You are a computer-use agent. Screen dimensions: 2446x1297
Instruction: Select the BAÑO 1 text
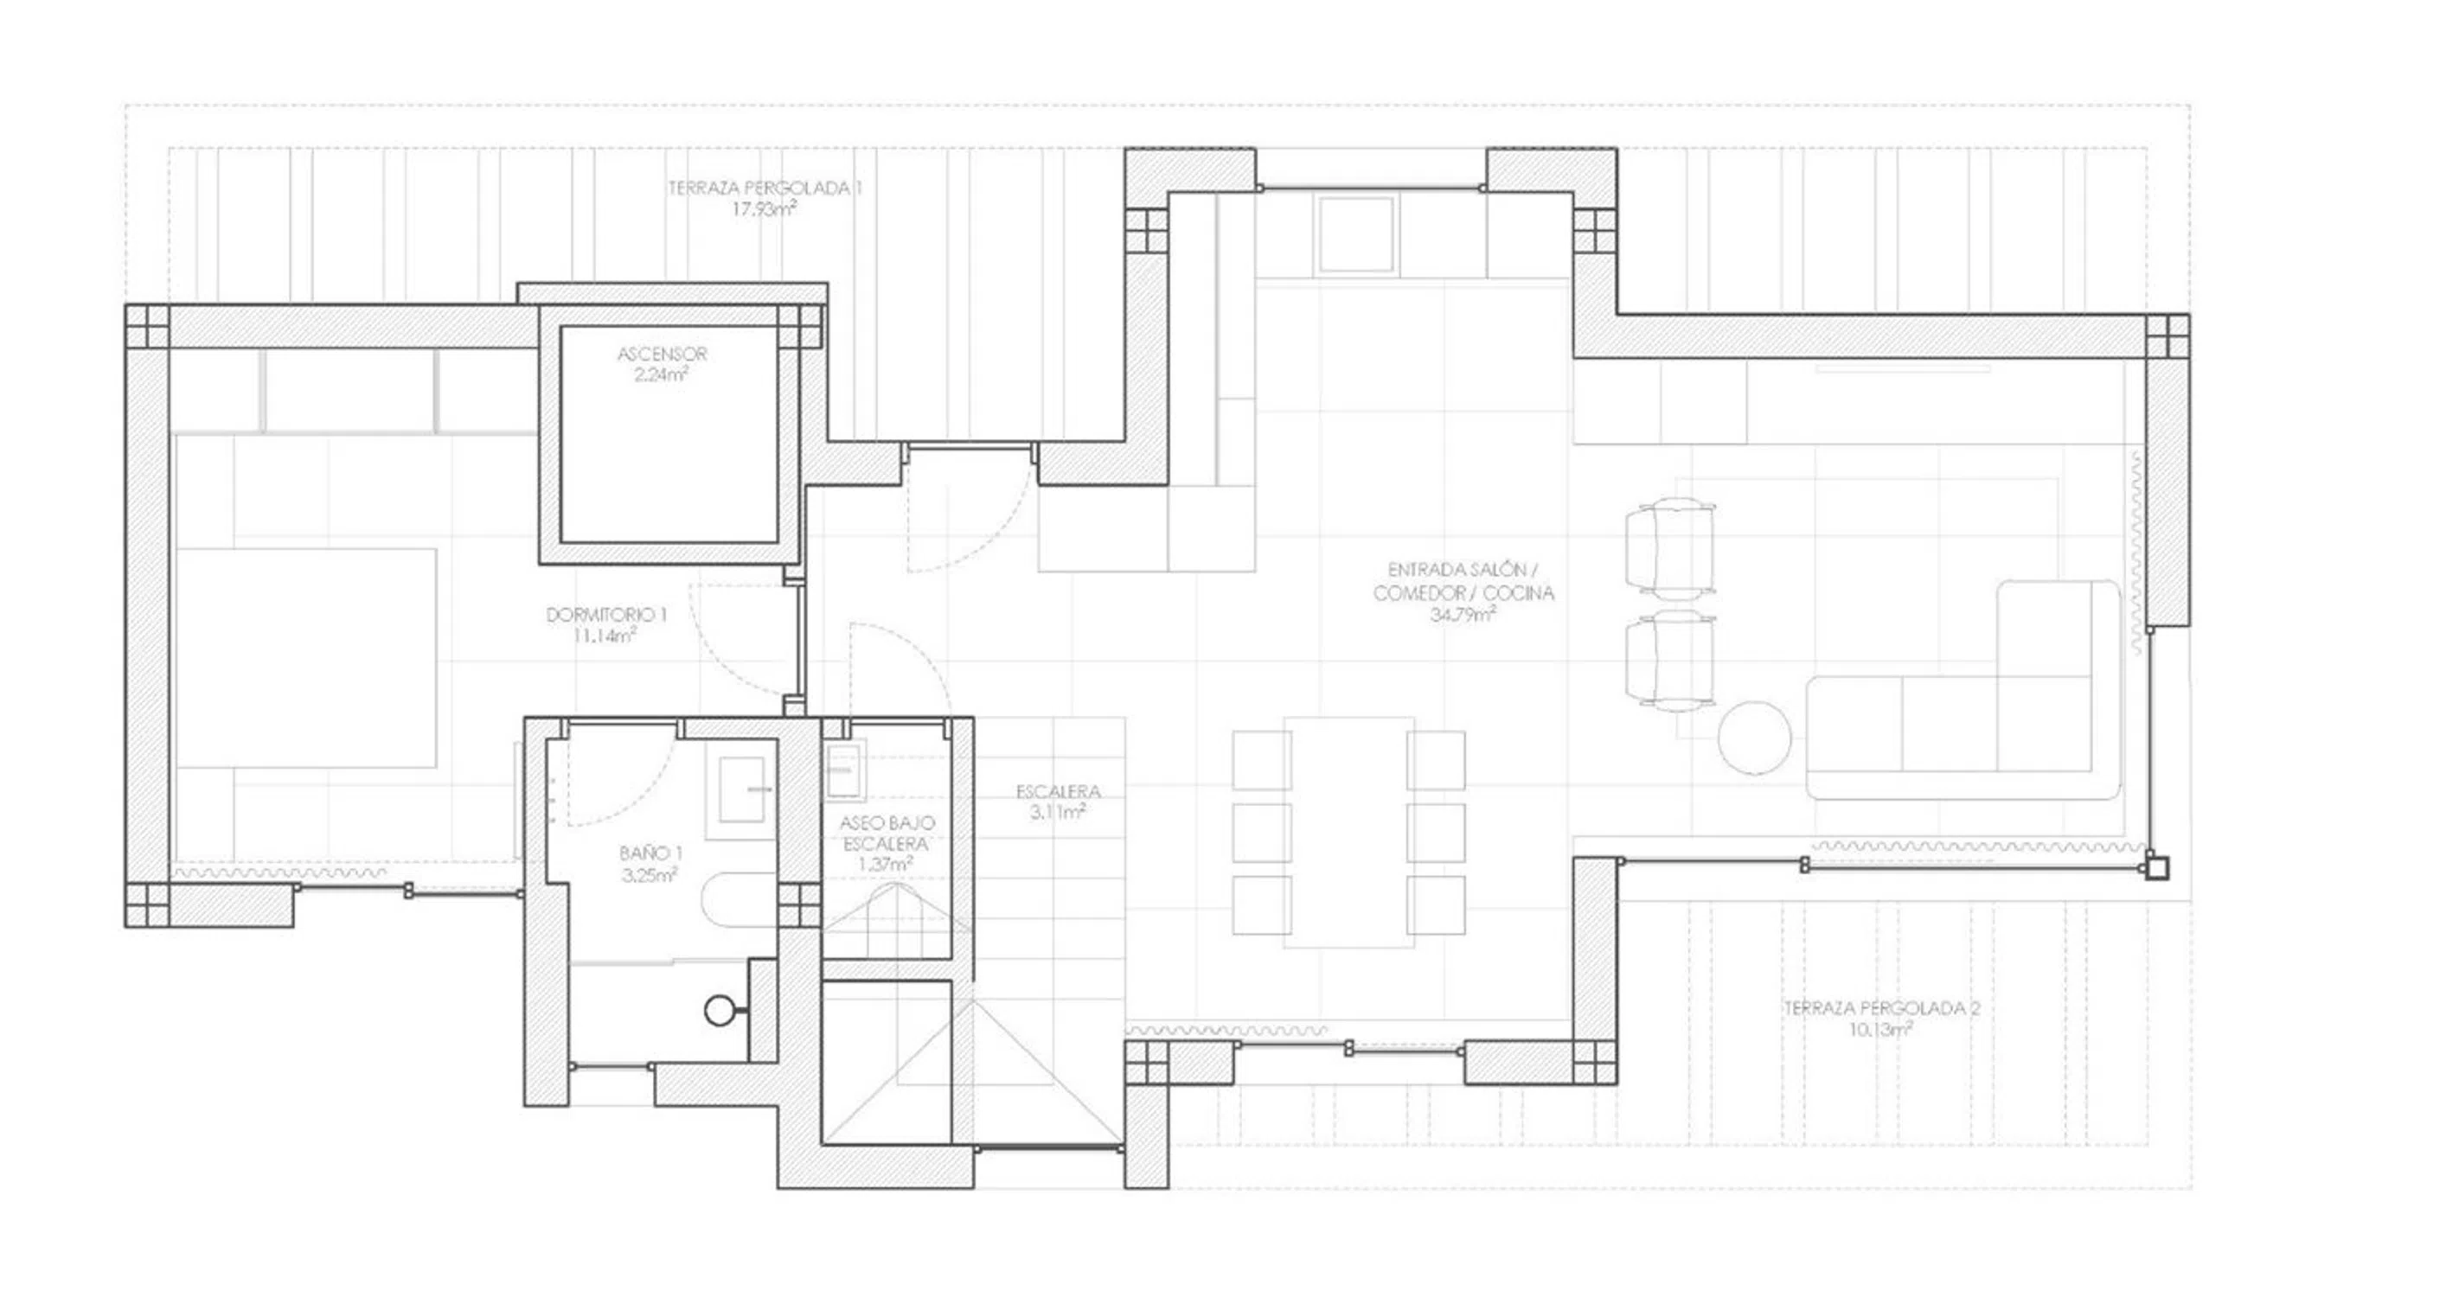tap(650, 853)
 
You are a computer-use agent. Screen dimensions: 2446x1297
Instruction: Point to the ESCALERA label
tap(1058, 791)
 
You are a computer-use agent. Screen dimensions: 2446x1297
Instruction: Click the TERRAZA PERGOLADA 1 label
tap(765, 188)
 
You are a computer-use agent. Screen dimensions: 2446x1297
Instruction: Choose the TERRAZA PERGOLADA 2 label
tap(1881, 1008)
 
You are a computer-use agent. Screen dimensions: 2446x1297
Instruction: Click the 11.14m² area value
tap(605, 636)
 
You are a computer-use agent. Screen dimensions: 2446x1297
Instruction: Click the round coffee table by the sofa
tap(1754, 738)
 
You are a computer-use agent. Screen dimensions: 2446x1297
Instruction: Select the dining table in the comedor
tap(1348, 832)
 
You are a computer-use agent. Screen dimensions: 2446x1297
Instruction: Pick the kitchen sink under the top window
tap(1355, 233)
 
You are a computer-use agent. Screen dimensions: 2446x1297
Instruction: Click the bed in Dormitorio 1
tap(306, 657)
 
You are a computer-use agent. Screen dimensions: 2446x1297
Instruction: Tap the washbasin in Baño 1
tap(740, 789)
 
